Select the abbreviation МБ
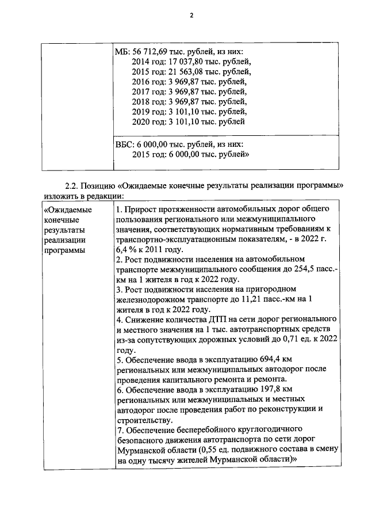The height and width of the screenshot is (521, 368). tap(123, 52)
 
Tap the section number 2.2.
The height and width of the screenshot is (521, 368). tap(72, 185)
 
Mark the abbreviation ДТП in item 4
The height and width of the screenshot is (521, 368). tap(218, 319)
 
